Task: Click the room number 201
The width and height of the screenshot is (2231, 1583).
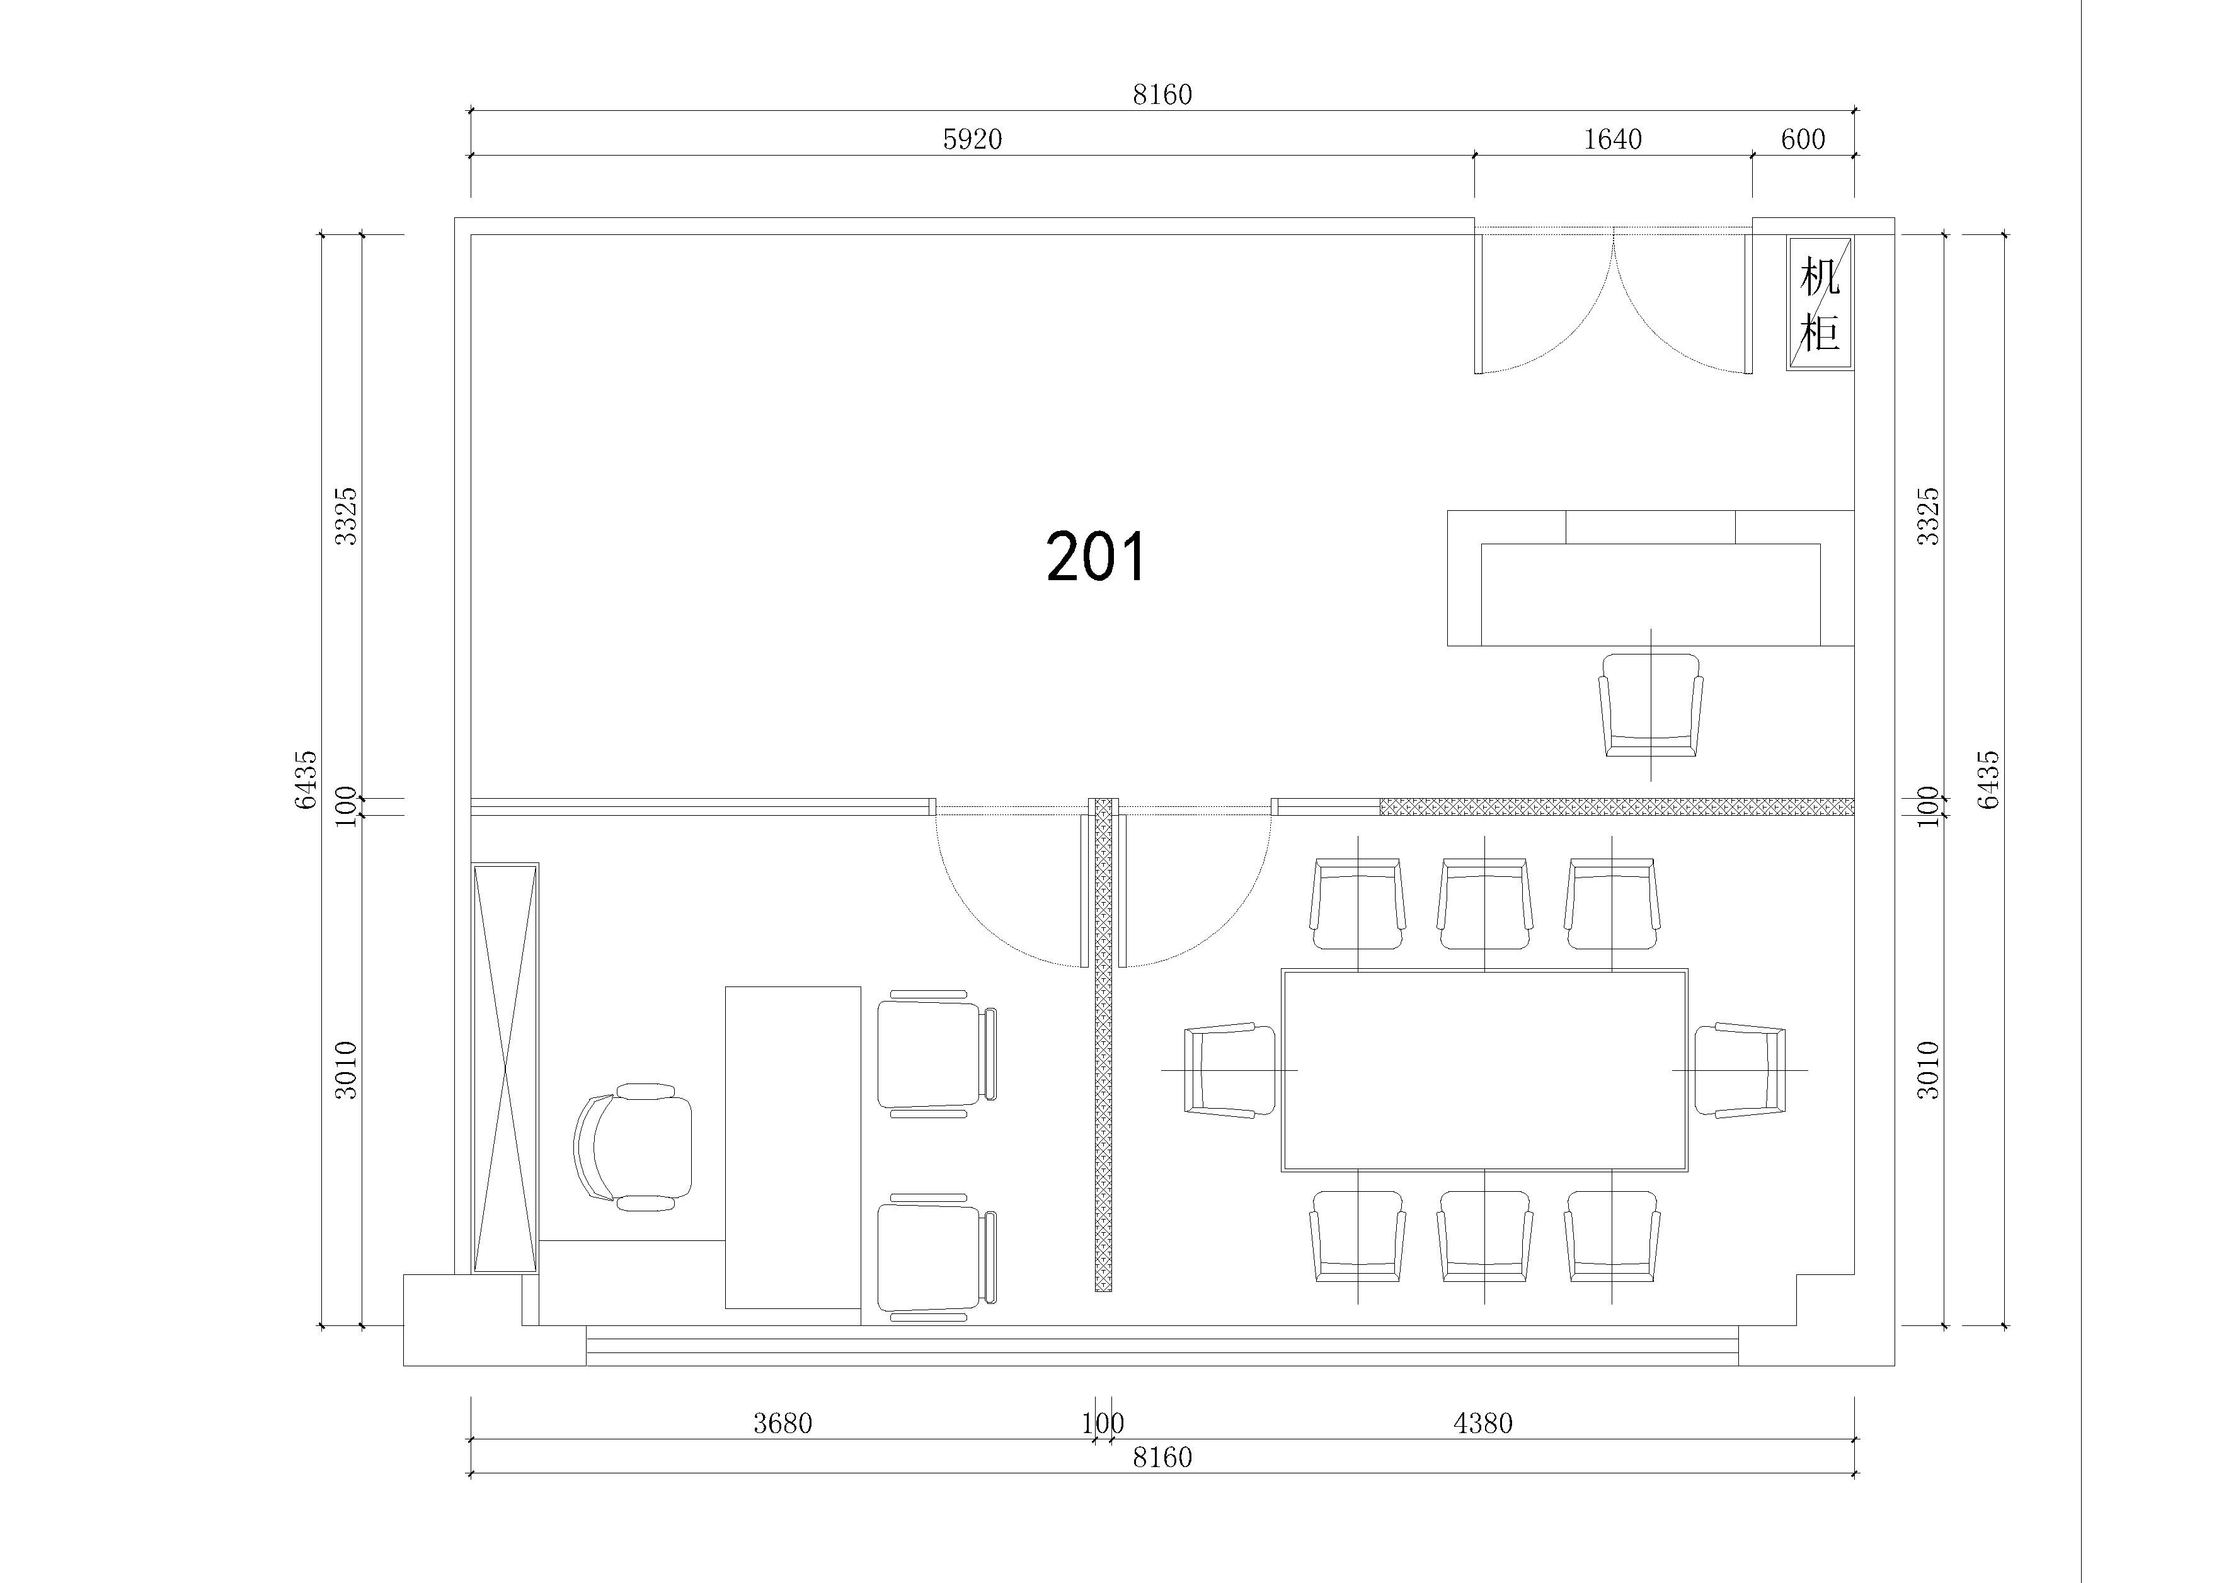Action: tap(1096, 557)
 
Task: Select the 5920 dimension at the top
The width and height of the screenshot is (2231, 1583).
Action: tap(972, 139)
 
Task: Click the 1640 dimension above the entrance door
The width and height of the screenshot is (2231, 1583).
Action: tap(1612, 139)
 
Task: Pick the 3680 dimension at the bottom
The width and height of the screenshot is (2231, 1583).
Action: tap(782, 1424)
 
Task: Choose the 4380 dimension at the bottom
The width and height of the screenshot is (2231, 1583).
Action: tap(1483, 1424)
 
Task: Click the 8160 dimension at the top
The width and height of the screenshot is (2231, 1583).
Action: tap(1162, 94)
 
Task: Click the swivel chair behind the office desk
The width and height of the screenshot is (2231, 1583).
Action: tap(634, 1146)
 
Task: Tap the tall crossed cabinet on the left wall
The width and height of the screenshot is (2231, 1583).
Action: tap(505, 1067)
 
